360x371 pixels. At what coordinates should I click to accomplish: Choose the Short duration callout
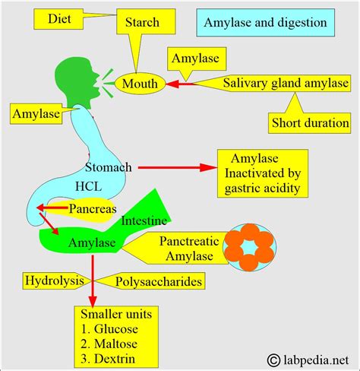coord(311,122)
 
